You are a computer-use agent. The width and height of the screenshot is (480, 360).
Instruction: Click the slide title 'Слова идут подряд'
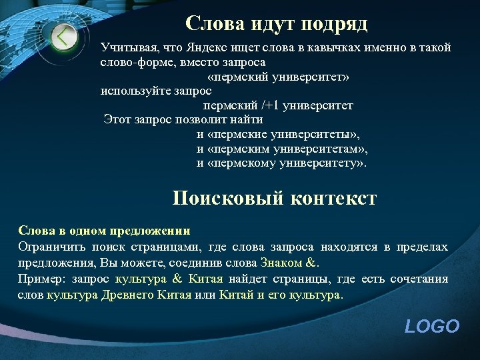pyautogui.click(x=276, y=23)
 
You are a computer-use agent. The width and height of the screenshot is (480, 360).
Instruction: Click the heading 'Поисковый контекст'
pyautogui.click(x=274, y=198)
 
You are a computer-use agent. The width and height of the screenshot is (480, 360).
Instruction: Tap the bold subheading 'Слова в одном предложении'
pyautogui.click(x=104, y=231)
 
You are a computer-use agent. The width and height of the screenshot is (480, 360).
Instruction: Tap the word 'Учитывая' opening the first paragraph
pyautogui.click(x=124, y=48)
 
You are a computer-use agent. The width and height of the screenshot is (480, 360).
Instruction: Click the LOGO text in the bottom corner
pyautogui.click(x=432, y=326)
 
